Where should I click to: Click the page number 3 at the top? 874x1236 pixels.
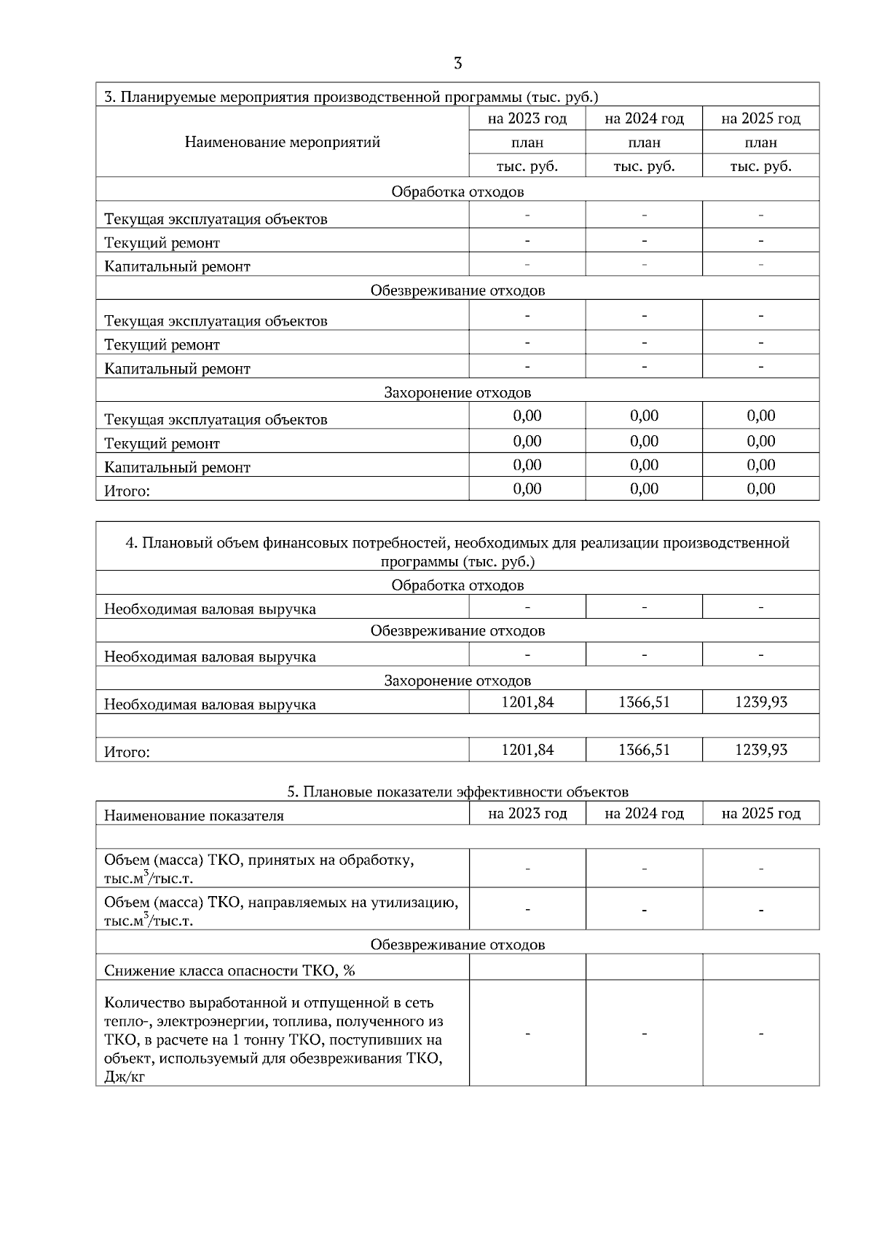pos(457,63)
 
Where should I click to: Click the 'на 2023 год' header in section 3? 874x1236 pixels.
pos(527,119)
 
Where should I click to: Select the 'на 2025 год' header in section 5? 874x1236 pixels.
pos(760,813)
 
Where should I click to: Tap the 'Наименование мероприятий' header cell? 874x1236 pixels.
pos(282,142)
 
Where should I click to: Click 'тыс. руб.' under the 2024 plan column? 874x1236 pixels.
pos(644,166)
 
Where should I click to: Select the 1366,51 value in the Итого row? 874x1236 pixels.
pos(644,750)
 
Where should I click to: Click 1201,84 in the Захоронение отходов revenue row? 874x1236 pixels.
pos(527,702)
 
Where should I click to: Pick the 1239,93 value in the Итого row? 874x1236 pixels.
pos(760,750)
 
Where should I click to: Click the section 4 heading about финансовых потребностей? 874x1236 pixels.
pos(457,552)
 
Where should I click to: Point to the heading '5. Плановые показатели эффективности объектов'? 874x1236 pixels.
pos(457,791)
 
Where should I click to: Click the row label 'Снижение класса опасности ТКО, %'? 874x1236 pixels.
pos(229,970)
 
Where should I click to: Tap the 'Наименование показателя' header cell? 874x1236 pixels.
pos(194,815)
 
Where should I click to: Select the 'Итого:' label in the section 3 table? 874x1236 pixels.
pos(127,491)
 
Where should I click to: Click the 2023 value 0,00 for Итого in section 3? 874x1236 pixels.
pos(527,488)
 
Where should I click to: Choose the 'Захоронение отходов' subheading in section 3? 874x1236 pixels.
pos(457,393)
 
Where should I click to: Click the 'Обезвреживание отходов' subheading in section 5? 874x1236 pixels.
pos(457,945)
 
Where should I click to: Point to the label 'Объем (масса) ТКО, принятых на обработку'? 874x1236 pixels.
pos(259,860)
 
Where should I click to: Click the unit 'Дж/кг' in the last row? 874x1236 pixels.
pos(125,1076)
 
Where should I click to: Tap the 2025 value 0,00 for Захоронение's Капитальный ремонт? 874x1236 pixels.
pos(760,464)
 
